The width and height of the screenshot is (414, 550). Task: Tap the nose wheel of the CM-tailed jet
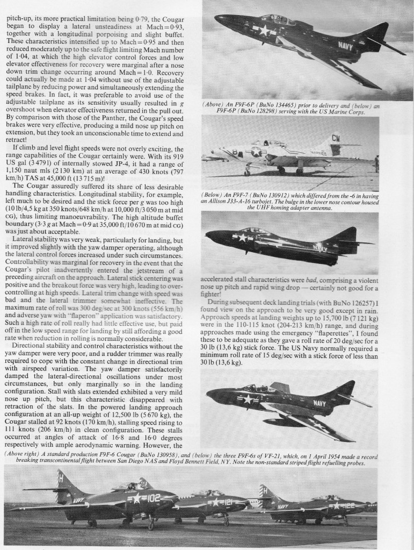247,172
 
